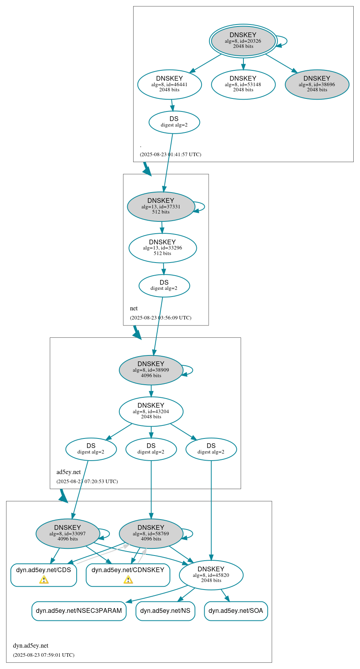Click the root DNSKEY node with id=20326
click(x=243, y=41)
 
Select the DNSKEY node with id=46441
click(x=170, y=84)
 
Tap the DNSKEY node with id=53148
click(x=243, y=84)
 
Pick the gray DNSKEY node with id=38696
click(x=317, y=84)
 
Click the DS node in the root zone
click(x=174, y=122)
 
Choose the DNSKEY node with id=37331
click(x=161, y=206)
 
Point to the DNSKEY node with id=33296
click(x=162, y=248)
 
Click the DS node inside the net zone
click(x=164, y=285)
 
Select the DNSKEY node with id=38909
click(x=151, y=370)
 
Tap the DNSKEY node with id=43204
click(x=151, y=412)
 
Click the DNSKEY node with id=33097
click(x=68, y=533)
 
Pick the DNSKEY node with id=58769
click(x=151, y=533)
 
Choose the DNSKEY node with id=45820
click(x=211, y=575)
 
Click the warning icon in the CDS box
click(x=44, y=580)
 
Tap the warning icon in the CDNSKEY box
click(x=128, y=580)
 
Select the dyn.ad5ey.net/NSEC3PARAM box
click(x=79, y=611)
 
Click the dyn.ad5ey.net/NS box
click(x=165, y=611)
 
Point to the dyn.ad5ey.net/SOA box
click(x=236, y=611)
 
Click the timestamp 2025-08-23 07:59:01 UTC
click(x=43, y=655)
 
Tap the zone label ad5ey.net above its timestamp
click(x=68, y=472)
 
